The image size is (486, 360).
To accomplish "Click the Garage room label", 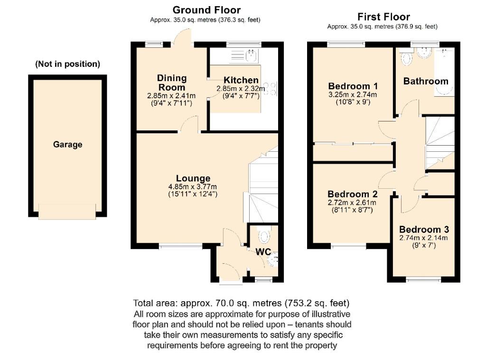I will tap(67, 145).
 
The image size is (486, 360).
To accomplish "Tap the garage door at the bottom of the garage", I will tap(67, 211).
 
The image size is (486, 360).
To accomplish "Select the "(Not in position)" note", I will tap(67, 64).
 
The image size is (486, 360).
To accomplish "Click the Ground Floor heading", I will tap(206, 10).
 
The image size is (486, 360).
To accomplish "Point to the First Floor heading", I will tap(383, 17).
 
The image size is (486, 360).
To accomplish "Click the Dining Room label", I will tap(172, 83).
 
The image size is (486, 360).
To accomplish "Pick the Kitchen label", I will tap(241, 80).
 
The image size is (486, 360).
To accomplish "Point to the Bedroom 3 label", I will tap(423, 229).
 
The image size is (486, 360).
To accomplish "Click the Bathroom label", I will tap(425, 81).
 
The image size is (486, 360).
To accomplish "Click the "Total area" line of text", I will tap(242, 303).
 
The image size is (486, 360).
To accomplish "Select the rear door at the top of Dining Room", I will tap(183, 38).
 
